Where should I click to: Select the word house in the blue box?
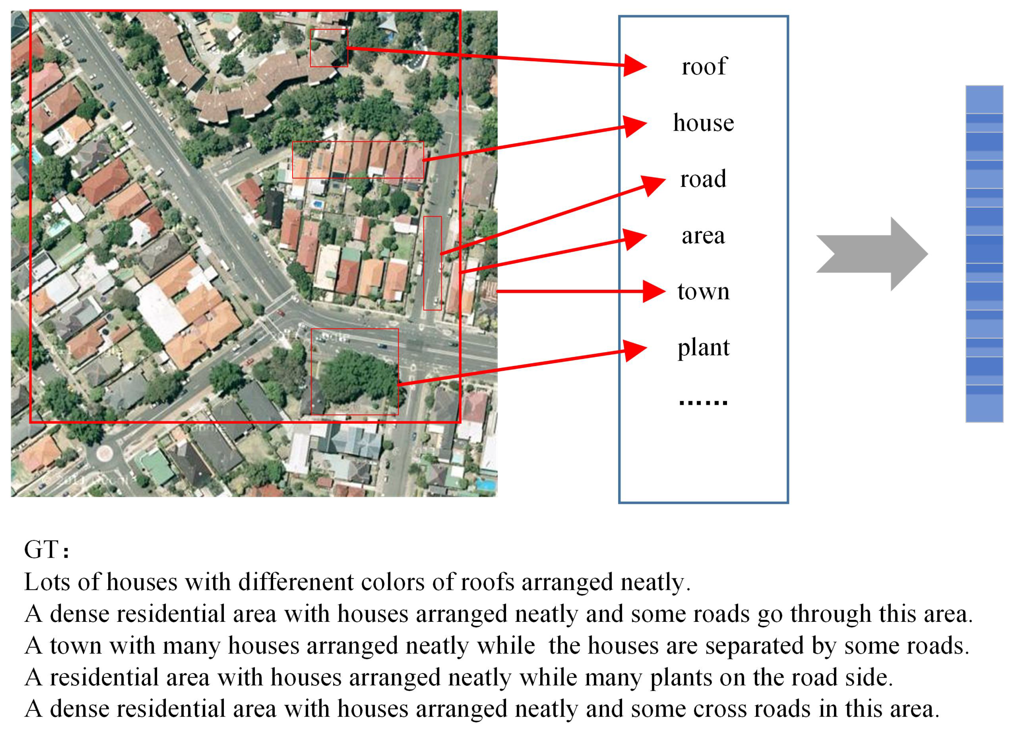703,123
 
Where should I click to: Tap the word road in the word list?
703,179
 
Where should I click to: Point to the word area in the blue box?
703,235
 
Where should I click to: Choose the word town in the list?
703,291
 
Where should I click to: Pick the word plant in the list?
703,347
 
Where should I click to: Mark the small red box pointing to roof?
329,48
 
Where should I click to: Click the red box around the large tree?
354,372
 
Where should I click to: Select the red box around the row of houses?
358,160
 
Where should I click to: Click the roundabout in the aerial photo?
104,453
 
